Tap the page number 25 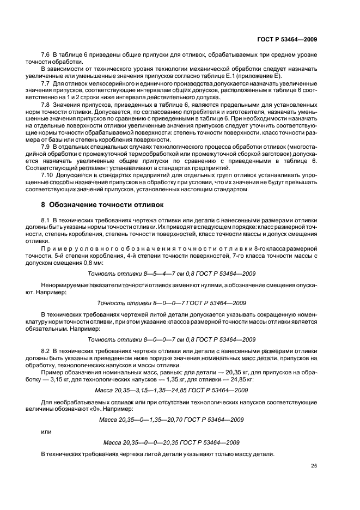pyautogui.click(x=314, y=465)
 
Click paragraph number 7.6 pyautogui.click(x=46, y=56)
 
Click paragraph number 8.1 pyautogui.click(x=46, y=219)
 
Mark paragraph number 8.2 pyautogui.click(x=46, y=355)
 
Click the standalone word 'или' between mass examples pyautogui.click(x=46, y=431)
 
